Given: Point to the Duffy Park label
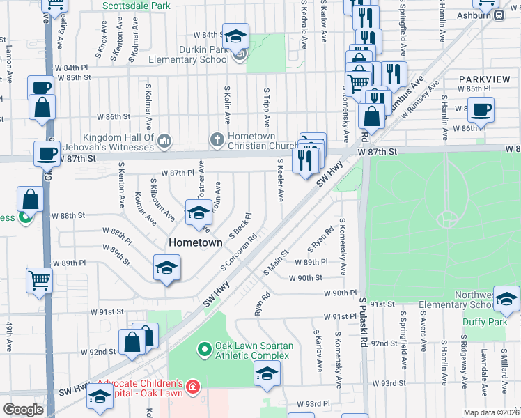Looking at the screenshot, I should pyautogui.click(x=486, y=323).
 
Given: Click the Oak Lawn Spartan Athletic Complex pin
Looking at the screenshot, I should pyautogui.click(x=204, y=348).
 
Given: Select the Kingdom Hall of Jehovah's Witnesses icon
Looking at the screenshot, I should pyautogui.click(x=164, y=141).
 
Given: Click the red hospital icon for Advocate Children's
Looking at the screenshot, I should pyautogui.click(x=192, y=385).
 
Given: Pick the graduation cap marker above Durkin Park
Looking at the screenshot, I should pyautogui.click(x=236, y=36).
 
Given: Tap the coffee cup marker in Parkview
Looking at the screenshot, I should pyautogui.click(x=480, y=110).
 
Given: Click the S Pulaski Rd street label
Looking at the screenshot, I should pyautogui.click(x=364, y=323).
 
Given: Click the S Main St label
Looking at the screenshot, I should pyautogui.click(x=276, y=263).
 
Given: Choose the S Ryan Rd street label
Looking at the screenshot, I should pyautogui.click(x=320, y=240).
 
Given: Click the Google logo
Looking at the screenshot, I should pyautogui.click(x=23, y=410).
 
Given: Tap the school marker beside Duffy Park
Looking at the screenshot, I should pyautogui.click(x=506, y=299).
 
